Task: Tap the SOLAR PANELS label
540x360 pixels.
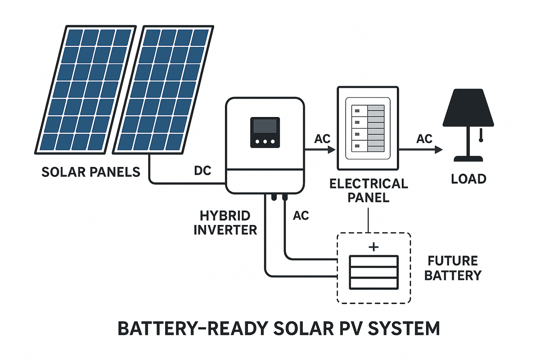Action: [90, 172]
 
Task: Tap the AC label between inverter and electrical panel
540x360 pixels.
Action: [319, 138]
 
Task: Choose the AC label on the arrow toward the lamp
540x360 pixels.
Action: [424, 138]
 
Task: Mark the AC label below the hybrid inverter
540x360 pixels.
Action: [301, 216]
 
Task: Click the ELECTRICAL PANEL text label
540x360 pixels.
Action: [369, 190]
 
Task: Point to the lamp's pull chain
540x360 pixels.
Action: [481, 135]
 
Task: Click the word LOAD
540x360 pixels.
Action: [469, 179]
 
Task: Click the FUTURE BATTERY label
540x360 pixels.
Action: [453, 268]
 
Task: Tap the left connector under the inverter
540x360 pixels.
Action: [273, 197]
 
